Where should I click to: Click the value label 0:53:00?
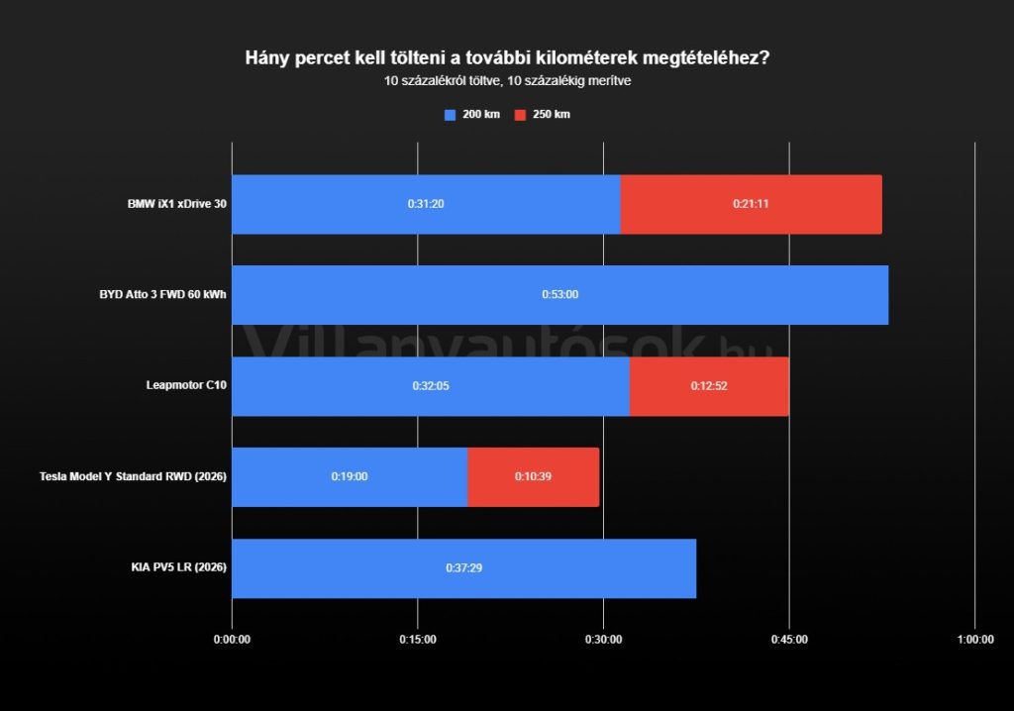pos(559,294)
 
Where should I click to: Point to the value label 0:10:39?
pos(533,476)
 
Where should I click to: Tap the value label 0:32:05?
pos(431,385)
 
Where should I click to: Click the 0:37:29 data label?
pos(463,567)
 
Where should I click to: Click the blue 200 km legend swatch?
pos(450,115)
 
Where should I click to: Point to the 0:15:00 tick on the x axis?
pos(418,639)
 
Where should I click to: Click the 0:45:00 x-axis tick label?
pos(789,639)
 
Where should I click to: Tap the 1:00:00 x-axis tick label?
pos(975,639)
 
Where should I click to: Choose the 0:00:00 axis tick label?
pos(232,639)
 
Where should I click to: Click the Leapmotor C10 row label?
pos(186,385)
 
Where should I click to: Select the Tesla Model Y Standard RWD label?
pos(134,476)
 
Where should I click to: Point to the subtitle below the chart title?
pos(507,80)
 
